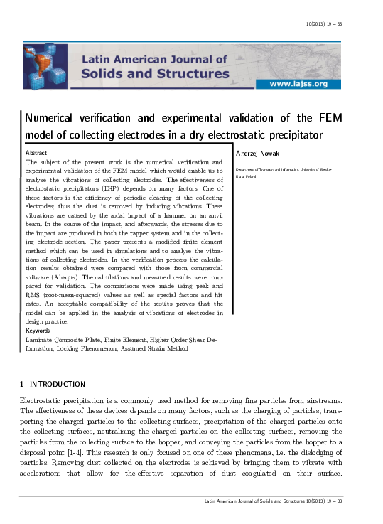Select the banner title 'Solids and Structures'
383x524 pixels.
(155, 73)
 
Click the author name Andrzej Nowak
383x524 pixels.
(257, 153)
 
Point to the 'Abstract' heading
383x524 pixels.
(36, 153)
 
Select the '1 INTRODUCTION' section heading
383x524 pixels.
(53, 385)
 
